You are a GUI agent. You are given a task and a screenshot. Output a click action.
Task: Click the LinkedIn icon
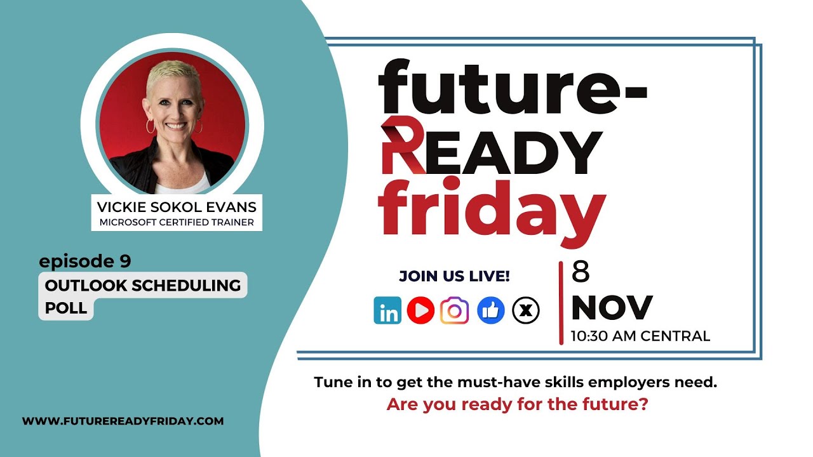[387, 310]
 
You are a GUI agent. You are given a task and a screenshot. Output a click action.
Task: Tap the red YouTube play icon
[420, 310]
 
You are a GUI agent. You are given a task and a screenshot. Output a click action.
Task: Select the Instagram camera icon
[454, 310]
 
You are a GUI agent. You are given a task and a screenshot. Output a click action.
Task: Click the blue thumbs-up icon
[491, 310]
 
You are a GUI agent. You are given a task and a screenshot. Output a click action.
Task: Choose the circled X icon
[525, 310]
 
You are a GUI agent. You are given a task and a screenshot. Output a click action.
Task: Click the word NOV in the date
[612, 308]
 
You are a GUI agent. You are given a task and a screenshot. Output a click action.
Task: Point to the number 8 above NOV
[581, 272]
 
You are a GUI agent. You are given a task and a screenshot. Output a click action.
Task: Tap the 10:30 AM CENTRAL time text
[641, 336]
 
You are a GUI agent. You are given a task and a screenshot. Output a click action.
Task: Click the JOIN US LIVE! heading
[454, 276]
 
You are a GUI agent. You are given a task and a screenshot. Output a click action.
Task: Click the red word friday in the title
[492, 210]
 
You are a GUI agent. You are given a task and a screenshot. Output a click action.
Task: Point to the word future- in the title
[513, 87]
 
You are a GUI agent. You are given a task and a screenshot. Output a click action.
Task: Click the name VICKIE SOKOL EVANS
[177, 207]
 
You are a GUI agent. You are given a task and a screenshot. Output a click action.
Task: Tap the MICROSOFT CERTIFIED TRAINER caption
[177, 222]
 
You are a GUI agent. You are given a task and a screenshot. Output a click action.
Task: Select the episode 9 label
[85, 261]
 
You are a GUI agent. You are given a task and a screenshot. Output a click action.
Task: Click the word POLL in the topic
[65, 308]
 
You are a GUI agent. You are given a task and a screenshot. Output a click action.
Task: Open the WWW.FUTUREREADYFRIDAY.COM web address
[123, 421]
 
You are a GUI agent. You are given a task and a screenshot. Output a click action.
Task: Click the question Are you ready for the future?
[517, 404]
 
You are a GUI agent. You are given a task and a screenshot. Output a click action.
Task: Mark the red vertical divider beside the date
[561, 303]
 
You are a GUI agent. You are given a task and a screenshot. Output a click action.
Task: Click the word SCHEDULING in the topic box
[186, 286]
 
